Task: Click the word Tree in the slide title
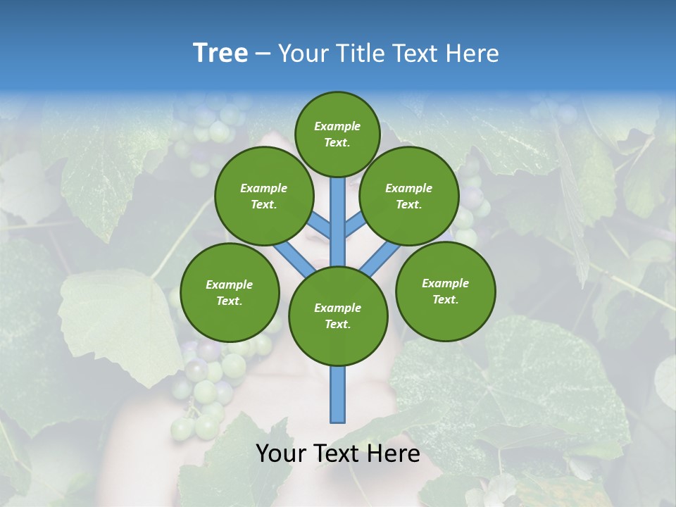click(220, 53)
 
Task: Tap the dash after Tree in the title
click(263, 54)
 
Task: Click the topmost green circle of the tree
click(337, 134)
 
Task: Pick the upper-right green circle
click(409, 196)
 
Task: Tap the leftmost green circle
click(230, 292)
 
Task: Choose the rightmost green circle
click(446, 291)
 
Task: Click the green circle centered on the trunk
click(338, 316)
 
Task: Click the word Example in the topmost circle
click(337, 126)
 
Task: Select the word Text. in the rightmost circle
click(446, 299)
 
